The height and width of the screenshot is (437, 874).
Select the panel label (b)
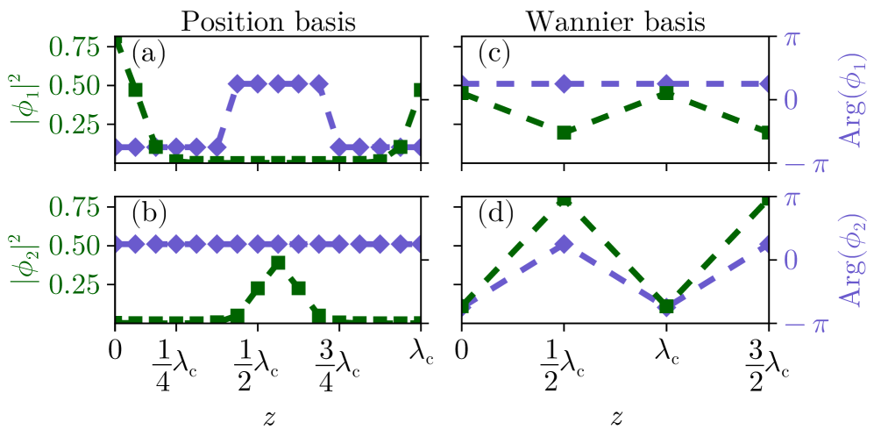(x=148, y=216)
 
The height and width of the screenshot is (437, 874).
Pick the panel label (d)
(x=496, y=216)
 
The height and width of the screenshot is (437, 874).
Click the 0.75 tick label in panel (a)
(x=80, y=46)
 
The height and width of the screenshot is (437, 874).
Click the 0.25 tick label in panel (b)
(x=80, y=286)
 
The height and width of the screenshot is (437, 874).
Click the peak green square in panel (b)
(x=278, y=262)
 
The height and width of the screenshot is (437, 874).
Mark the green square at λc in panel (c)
(x=666, y=92)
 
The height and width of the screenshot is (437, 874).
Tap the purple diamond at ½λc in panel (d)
(x=564, y=244)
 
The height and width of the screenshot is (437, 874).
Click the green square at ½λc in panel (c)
(x=564, y=133)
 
